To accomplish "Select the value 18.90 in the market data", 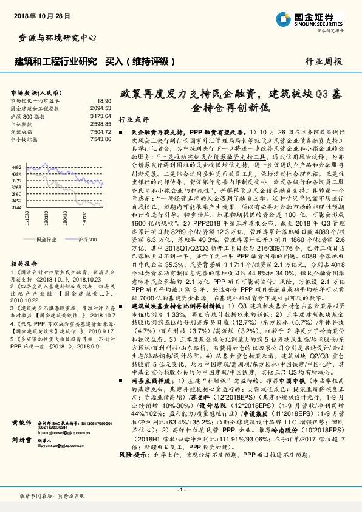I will [104, 100].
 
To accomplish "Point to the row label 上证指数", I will [23, 123].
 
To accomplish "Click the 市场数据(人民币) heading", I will [35, 92].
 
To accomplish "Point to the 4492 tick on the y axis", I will [16, 166].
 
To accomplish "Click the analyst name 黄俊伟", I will [21, 438].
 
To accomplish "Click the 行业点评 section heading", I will [130, 119].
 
